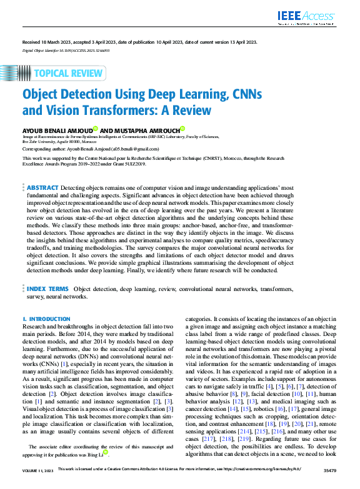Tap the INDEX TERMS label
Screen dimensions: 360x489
point(48,289)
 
